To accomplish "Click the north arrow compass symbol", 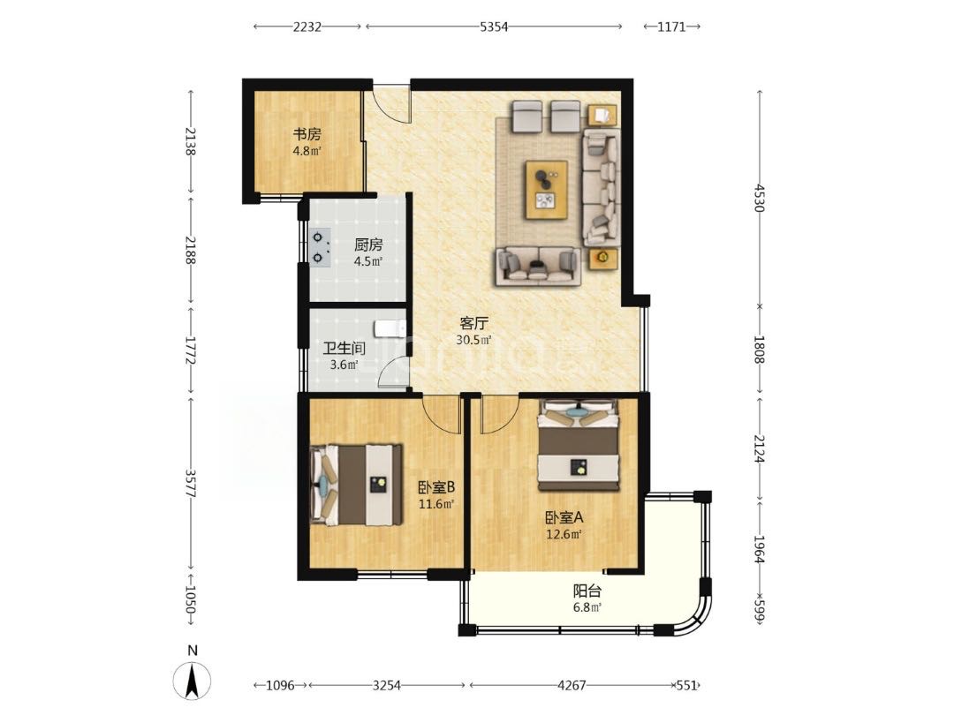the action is coord(193,680).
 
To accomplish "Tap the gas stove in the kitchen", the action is coord(320,247).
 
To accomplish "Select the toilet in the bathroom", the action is coord(390,328).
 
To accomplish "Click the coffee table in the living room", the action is coord(547,189).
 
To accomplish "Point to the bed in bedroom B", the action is coord(357,485).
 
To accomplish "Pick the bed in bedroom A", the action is coord(578,445).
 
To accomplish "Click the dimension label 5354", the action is coord(494,26).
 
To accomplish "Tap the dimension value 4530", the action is coord(759,198).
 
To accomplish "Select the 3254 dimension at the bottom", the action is coord(386,685).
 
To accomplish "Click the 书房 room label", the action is coord(307,134).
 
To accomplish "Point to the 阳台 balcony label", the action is coord(587,591).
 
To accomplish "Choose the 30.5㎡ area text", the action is coord(473,341).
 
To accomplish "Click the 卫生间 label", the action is coord(344,349).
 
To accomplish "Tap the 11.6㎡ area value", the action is coord(436,504).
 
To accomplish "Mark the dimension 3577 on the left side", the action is coord(190,484).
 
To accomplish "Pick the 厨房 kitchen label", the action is coord(368,245).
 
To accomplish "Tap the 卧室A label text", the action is coord(564,518).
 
